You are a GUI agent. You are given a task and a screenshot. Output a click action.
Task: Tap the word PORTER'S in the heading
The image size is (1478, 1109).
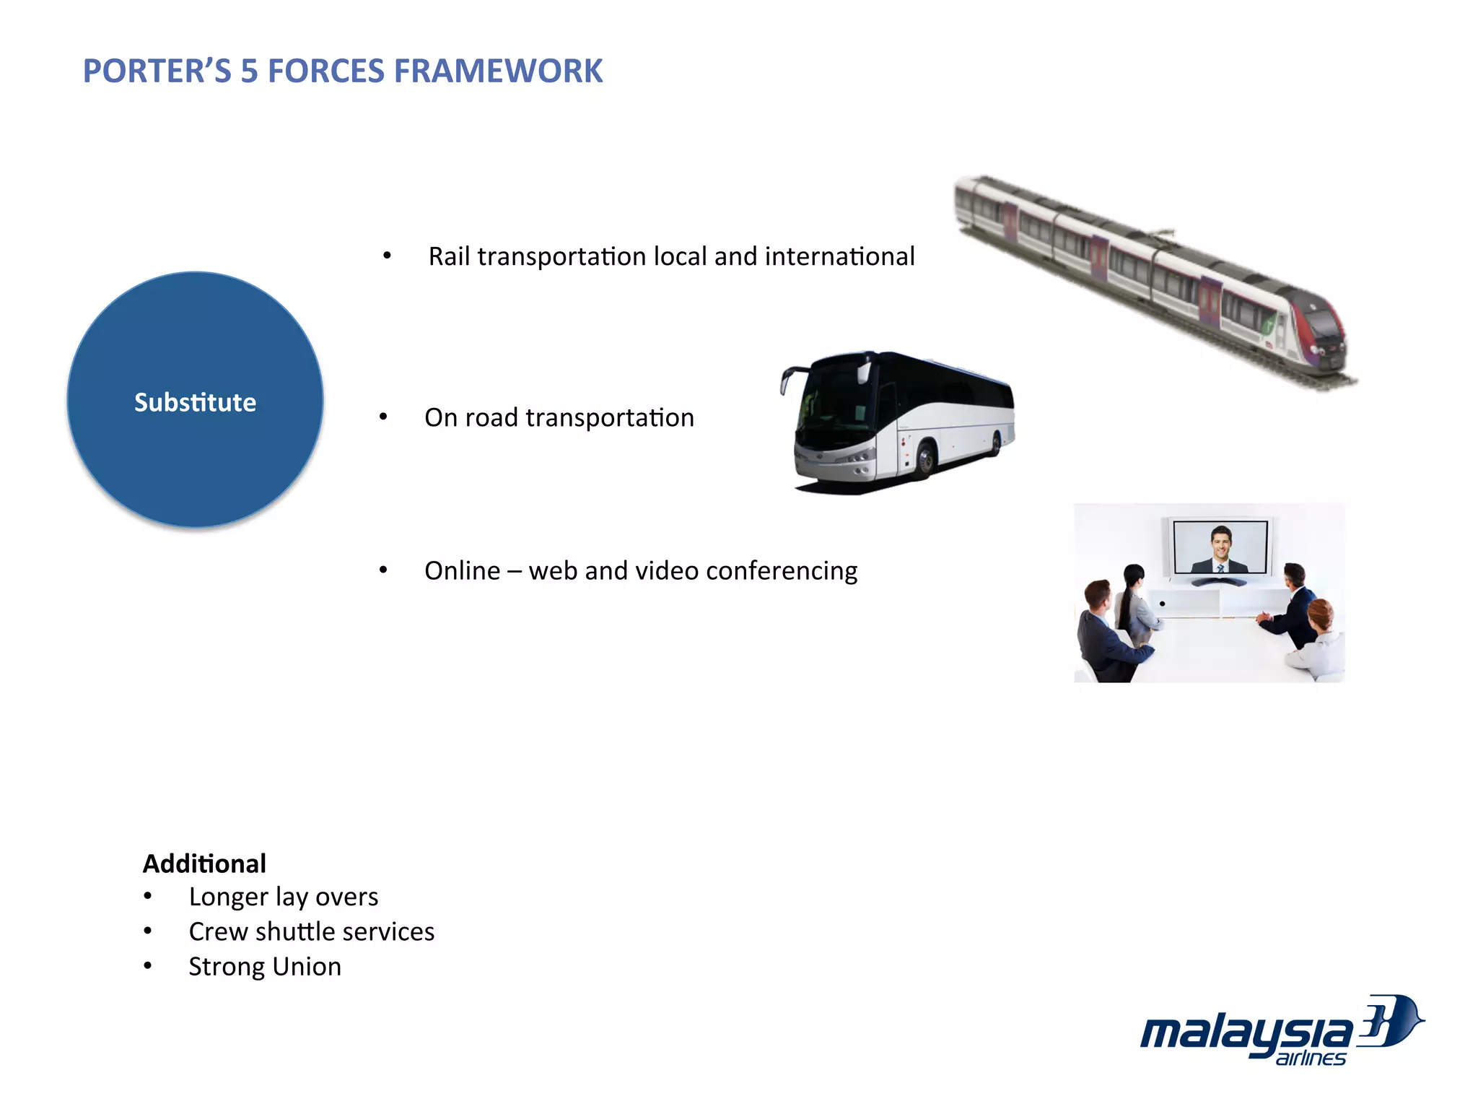pos(157,71)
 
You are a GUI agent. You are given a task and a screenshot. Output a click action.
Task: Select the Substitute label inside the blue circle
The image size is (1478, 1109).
pos(195,402)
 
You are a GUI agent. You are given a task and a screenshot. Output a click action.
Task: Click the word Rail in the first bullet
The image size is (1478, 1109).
pos(449,256)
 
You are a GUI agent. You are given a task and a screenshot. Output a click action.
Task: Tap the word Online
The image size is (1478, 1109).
pos(462,571)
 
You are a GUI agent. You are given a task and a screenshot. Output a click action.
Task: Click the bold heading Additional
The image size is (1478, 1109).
pos(204,864)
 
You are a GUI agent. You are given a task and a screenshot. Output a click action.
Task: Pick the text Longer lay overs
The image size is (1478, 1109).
pos(283,897)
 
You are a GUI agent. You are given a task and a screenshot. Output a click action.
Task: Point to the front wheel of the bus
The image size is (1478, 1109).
pos(924,461)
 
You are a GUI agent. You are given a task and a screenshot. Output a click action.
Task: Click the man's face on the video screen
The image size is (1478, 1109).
pos(1220,542)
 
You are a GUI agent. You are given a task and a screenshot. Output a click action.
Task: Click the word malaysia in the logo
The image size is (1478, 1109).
pos(1245,1032)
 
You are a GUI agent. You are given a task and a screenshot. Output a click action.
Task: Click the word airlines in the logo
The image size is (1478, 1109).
pos(1310,1058)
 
